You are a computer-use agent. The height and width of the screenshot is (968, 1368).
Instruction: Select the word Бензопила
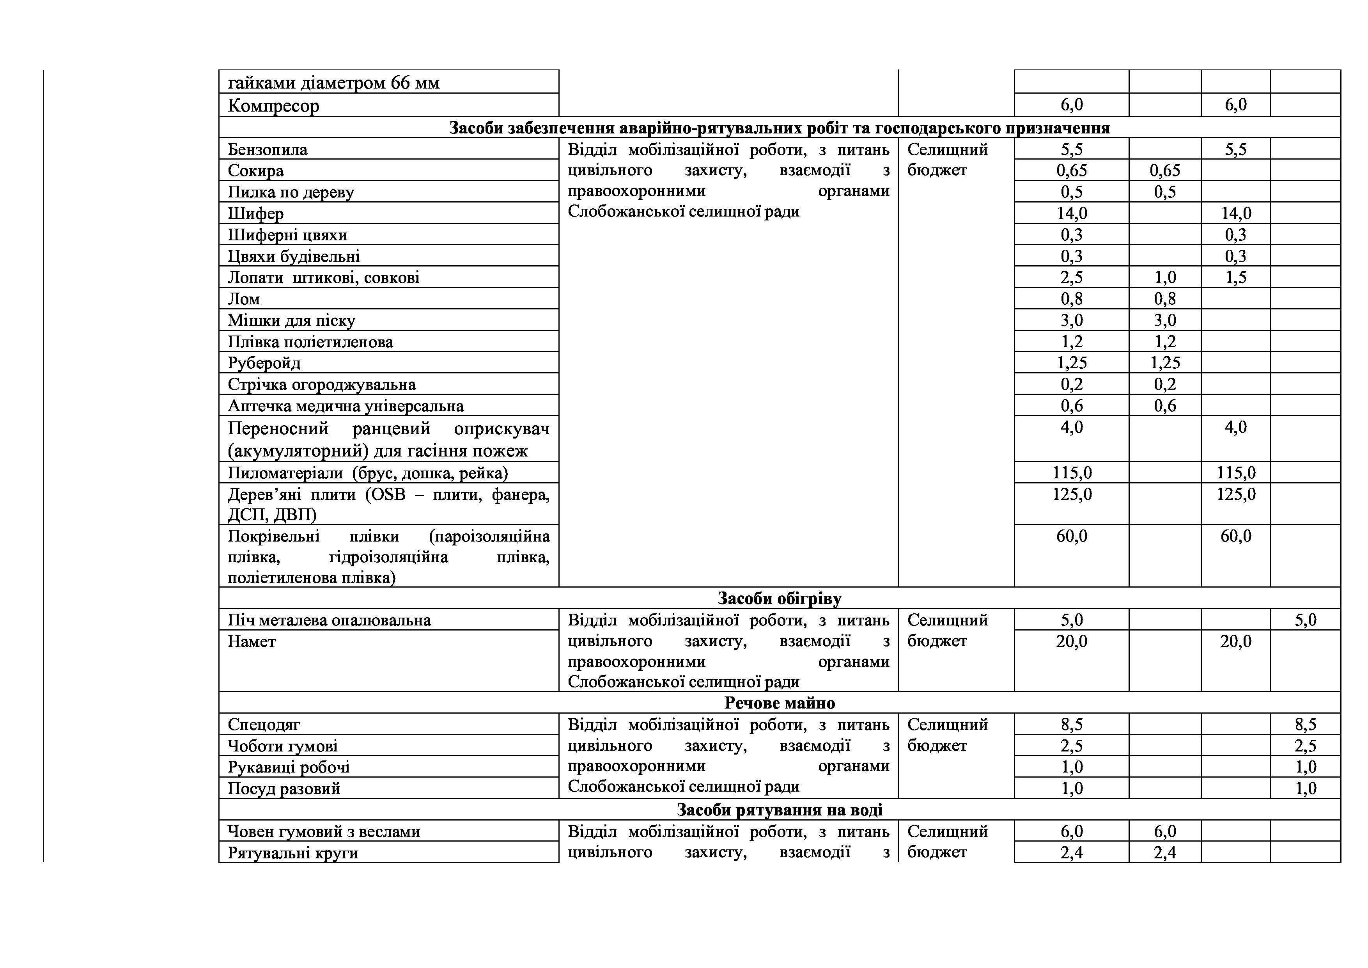click(268, 149)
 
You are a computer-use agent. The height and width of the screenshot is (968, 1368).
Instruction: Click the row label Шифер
click(255, 213)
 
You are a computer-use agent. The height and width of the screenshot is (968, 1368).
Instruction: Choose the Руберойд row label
click(264, 363)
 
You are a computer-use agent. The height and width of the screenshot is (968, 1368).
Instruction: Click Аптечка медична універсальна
click(346, 406)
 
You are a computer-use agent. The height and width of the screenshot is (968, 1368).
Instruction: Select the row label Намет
click(252, 642)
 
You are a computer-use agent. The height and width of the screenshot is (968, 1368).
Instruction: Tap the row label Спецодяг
click(264, 725)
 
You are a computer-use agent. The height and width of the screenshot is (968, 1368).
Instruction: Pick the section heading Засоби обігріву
click(779, 599)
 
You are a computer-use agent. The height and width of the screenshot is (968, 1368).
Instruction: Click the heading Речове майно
click(779, 703)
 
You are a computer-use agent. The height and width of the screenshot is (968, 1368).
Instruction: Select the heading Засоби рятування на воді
click(779, 810)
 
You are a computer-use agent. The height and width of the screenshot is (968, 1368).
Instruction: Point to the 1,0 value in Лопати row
click(1165, 278)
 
